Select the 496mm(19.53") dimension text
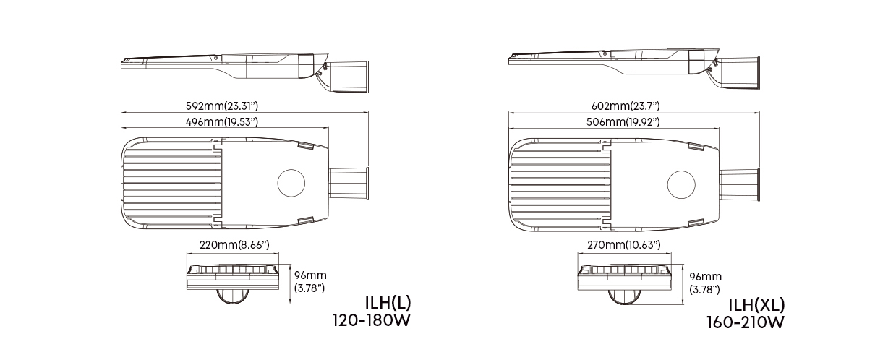[222, 122]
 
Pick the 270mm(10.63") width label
[624, 246]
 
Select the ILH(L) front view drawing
[233, 282]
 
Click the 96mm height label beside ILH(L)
[311, 281]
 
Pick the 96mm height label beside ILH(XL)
[705, 283]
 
